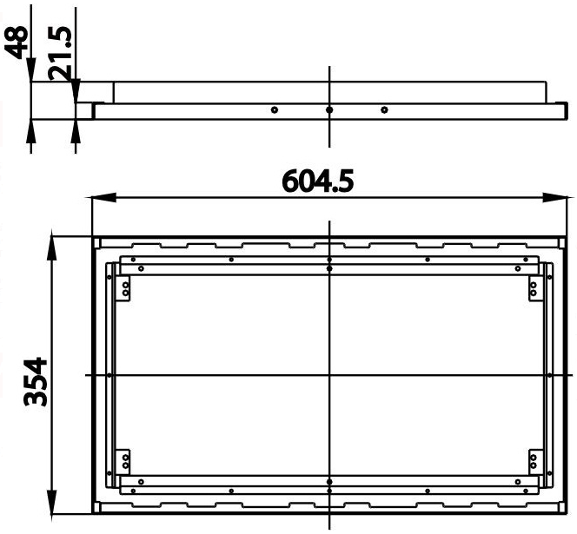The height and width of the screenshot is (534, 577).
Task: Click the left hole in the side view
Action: tap(273, 110)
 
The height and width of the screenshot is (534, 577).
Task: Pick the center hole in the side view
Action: tap(328, 110)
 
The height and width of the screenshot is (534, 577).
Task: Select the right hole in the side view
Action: tap(384, 110)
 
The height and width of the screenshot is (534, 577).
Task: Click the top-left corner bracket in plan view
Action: tap(124, 288)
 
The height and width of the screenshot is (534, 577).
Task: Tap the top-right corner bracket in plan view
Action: tap(534, 288)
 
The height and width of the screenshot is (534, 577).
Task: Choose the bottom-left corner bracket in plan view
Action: tap(124, 460)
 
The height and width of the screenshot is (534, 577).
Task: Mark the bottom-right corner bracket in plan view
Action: tap(534, 460)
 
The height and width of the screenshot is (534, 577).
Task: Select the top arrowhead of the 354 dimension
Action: tap(54, 241)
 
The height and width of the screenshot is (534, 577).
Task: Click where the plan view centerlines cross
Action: tap(328, 375)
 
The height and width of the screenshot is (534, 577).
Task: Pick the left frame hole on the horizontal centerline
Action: tap(109, 375)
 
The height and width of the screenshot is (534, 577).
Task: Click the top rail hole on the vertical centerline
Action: tap(328, 260)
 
